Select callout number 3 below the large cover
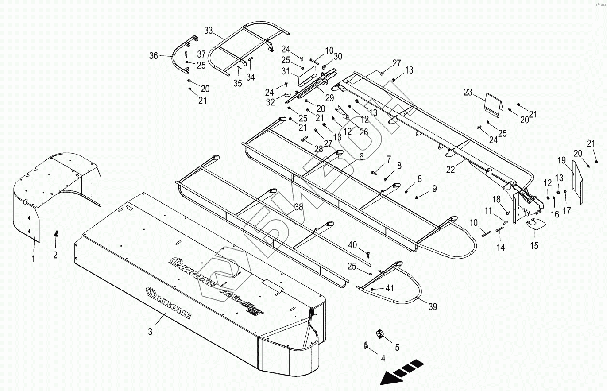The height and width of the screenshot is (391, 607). [150, 332]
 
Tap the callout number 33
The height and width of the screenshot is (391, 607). [209, 31]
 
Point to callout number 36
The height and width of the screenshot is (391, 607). [154, 56]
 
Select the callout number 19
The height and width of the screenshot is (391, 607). [561, 159]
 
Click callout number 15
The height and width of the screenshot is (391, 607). [534, 246]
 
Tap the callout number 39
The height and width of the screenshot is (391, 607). [433, 306]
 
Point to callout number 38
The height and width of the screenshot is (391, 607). [299, 206]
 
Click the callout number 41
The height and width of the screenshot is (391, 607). [390, 288]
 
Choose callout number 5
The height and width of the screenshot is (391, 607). [397, 348]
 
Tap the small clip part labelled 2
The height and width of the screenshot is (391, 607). [56, 233]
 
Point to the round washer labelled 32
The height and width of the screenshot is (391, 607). [286, 94]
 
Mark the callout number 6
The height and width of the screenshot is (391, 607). [361, 156]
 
